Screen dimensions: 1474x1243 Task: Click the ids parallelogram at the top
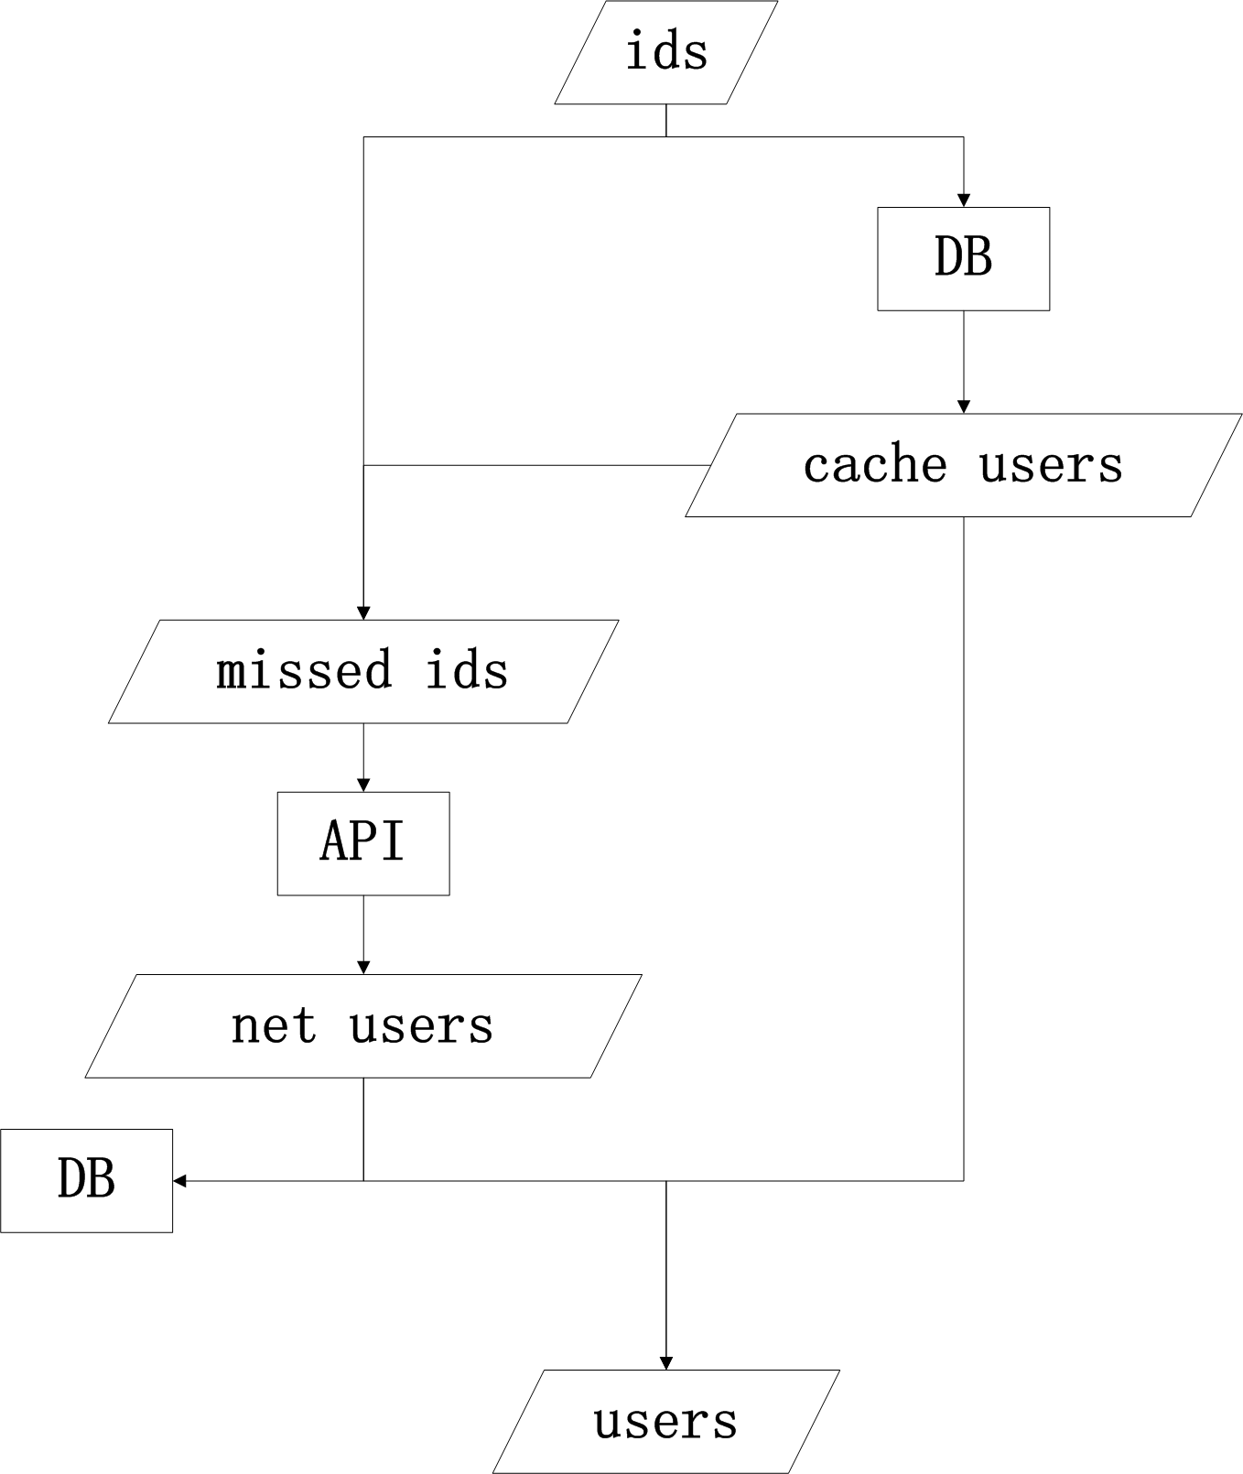[x=666, y=52]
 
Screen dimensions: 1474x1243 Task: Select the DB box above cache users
[x=963, y=258]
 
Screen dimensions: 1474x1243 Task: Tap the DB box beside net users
[x=86, y=1180]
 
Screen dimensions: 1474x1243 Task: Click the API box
[x=363, y=843]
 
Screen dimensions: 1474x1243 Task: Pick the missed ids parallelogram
[x=363, y=671]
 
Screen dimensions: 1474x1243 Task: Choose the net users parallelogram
[x=363, y=1025]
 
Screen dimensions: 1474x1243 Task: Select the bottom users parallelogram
[x=666, y=1421]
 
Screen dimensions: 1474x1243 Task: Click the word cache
[x=875, y=465]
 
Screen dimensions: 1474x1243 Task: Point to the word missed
[x=305, y=670]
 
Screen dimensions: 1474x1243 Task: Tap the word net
[x=274, y=1026]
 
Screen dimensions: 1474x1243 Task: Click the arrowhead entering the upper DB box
[x=963, y=201]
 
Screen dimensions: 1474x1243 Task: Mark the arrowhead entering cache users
[x=963, y=406]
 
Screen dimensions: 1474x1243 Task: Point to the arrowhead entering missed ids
[x=363, y=612]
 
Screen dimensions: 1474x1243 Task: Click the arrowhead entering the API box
[x=363, y=785]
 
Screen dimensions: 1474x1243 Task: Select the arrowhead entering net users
[x=363, y=967]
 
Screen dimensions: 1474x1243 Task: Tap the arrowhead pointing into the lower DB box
[x=179, y=1180]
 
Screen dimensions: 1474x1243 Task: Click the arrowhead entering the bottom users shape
[x=666, y=1362]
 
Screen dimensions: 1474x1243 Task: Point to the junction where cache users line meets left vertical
[x=363, y=465]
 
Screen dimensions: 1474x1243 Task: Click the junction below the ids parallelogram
[x=666, y=136]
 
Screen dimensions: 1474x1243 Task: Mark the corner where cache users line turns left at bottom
[x=963, y=1180]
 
